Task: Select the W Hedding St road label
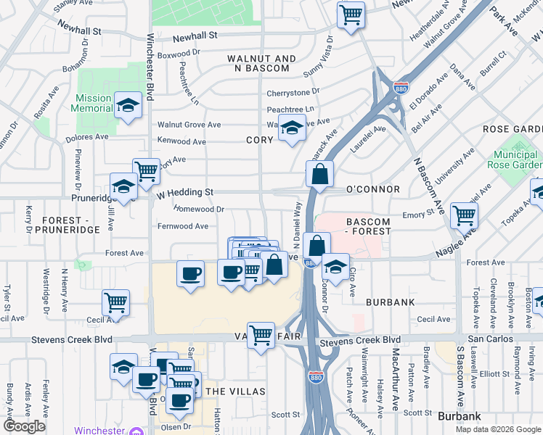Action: click(x=186, y=192)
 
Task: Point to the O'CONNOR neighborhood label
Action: click(x=373, y=189)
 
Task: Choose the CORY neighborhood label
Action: click(x=259, y=140)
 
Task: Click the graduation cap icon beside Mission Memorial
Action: click(x=128, y=106)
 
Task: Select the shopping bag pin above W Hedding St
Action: click(x=319, y=174)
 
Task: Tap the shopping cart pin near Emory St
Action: click(x=464, y=214)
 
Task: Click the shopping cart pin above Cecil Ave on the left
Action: click(x=115, y=302)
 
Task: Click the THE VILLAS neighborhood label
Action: click(x=232, y=391)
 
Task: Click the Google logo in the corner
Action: click(x=24, y=426)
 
